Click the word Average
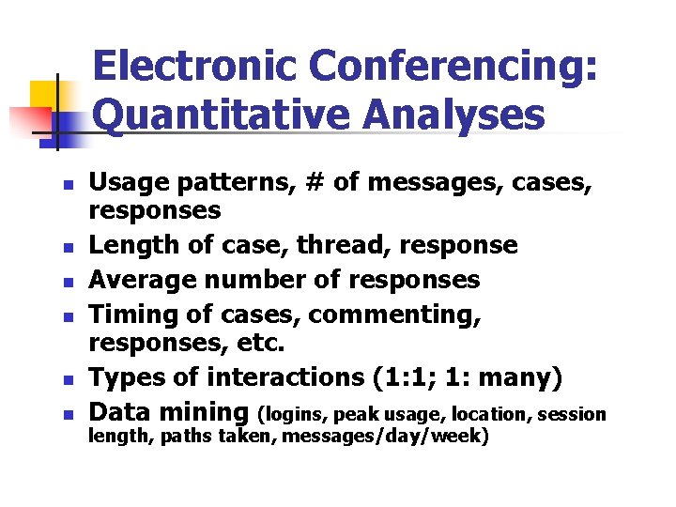(x=136, y=280)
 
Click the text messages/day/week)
(x=385, y=437)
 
